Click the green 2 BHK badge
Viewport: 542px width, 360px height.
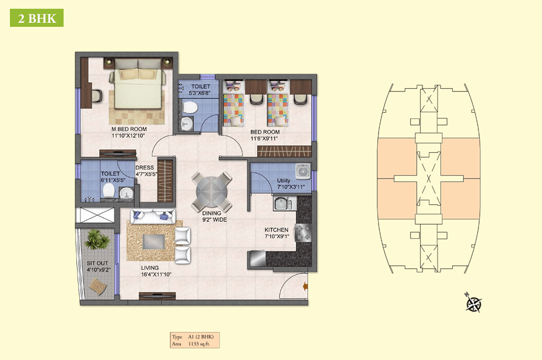click(37, 18)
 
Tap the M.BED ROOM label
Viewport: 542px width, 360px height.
click(129, 129)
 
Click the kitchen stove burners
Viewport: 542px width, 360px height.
click(303, 232)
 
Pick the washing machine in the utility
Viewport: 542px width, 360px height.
click(303, 172)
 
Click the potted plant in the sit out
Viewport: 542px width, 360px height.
click(97, 239)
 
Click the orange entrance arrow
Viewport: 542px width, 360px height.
click(305, 286)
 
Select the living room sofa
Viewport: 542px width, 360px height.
click(153, 216)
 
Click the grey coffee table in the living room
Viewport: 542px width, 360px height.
click(153, 242)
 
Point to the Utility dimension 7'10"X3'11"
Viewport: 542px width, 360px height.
click(291, 187)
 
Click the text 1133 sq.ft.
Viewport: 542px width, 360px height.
click(199, 344)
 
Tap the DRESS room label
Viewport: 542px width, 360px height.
click(145, 167)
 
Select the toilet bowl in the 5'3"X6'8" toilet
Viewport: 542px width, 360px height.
click(190, 107)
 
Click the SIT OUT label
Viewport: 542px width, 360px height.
click(97, 263)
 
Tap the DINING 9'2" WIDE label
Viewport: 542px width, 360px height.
click(214, 216)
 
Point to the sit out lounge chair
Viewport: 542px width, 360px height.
click(98, 286)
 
